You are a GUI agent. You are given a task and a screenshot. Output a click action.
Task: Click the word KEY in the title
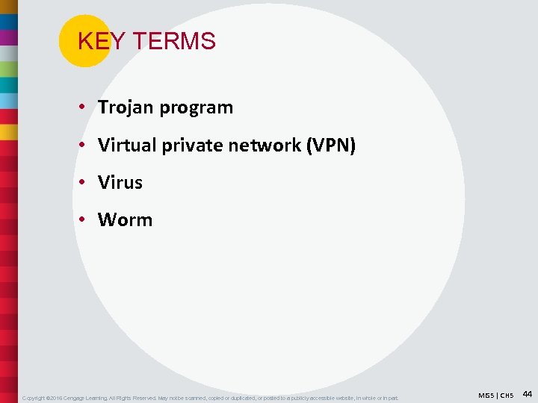(93, 42)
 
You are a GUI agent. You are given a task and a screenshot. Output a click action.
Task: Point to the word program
(197, 108)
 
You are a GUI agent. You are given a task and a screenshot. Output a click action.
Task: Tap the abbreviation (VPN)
(331, 145)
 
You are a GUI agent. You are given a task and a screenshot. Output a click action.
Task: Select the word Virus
(120, 182)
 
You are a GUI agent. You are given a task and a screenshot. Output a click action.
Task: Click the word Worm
(125, 219)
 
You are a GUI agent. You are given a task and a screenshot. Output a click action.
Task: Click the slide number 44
(527, 393)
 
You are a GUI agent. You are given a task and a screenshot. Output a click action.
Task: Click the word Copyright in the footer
(36, 397)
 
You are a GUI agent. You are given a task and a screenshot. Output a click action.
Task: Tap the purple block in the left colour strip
(8, 37)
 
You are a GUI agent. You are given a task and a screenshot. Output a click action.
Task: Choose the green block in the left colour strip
(8, 69)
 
